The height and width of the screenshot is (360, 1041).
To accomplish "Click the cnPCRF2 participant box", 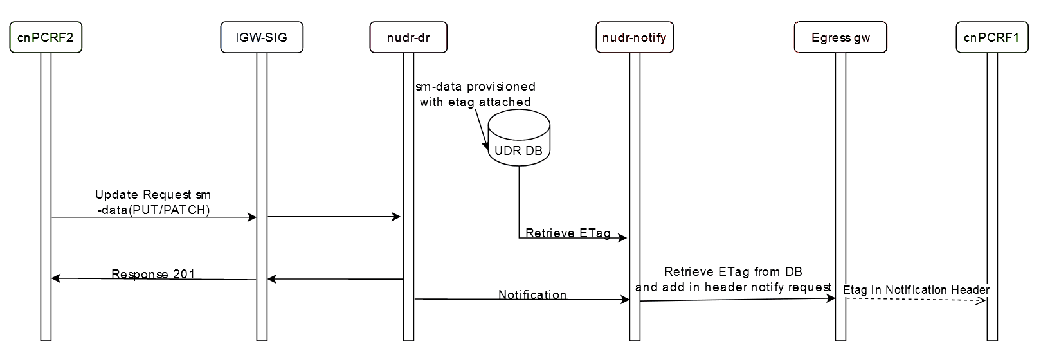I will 46,37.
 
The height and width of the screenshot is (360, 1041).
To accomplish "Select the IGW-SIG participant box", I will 262,37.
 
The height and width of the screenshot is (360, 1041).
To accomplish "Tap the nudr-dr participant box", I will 408,37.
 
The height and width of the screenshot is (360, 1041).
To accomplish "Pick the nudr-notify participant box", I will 635,37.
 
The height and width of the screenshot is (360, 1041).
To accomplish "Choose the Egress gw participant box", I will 840,37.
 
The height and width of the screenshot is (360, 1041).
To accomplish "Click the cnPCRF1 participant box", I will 991,37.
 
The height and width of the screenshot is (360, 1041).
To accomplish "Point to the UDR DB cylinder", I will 519,138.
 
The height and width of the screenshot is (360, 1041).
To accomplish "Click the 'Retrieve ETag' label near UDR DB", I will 568,233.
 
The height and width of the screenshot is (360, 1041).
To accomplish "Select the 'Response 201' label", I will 153,274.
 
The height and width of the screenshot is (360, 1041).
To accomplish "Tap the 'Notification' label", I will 532,294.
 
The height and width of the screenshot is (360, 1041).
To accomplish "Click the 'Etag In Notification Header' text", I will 916,290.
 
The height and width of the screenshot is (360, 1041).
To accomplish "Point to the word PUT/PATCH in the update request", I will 170,210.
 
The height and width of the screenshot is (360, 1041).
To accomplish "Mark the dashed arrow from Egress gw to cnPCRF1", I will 916,300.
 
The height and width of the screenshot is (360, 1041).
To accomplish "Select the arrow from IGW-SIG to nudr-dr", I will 334,217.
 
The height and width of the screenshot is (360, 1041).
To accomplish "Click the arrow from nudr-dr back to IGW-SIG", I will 334,279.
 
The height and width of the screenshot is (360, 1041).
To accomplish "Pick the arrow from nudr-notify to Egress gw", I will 737,299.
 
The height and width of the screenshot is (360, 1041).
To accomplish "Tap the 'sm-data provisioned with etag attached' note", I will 475,94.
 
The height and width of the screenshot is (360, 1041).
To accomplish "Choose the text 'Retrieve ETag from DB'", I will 733,272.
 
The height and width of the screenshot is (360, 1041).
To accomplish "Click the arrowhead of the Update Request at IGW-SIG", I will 253,217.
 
